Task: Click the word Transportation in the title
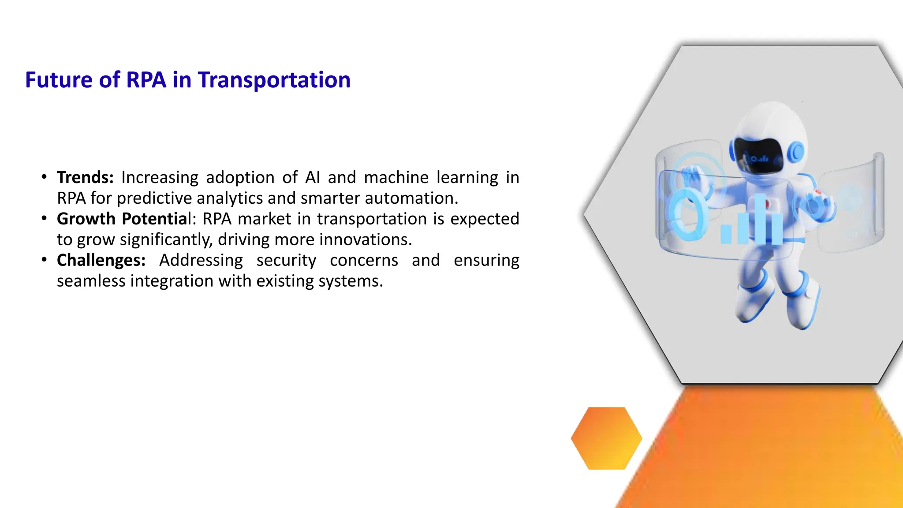(x=274, y=80)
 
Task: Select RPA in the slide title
(x=146, y=80)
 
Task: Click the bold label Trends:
(x=85, y=177)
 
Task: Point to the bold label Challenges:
(x=101, y=260)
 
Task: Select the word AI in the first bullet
(x=312, y=177)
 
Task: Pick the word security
(x=286, y=260)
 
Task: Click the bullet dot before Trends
(x=44, y=177)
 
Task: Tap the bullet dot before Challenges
(x=44, y=260)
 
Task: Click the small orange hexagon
(x=606, y=438)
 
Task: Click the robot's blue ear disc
(x=797, y=152)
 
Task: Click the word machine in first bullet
(x=396, y=177)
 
